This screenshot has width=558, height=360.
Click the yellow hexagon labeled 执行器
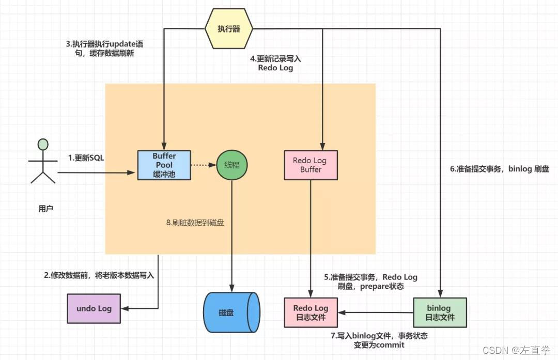point(229,29)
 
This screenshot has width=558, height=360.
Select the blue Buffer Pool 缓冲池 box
point(164,165)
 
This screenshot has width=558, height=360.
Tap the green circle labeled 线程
point(232,165)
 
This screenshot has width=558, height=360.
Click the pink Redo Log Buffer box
point(311,165)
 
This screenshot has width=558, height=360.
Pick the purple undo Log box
point(94,308)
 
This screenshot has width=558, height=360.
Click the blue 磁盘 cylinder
point(231,312)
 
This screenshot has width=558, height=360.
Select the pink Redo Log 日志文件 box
point(311,312)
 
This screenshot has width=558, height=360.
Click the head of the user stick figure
point(43,144)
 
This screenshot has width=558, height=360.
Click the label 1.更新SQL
point(86,158)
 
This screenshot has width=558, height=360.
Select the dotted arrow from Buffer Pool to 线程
point(203,165)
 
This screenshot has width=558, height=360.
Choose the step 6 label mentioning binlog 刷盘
point(500,169)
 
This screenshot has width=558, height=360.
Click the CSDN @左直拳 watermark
point(517,350)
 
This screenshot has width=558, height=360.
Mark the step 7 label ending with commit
point(379,340)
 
